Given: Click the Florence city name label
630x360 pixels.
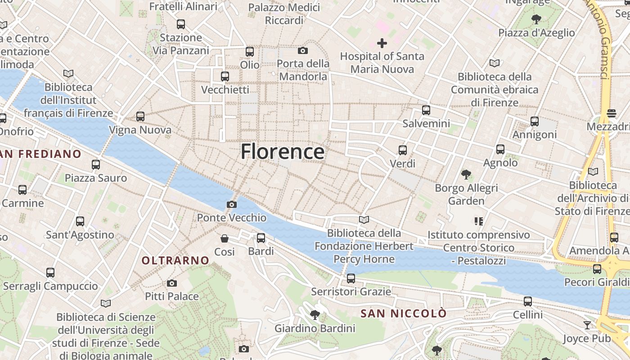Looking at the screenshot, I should (x=282, y=152).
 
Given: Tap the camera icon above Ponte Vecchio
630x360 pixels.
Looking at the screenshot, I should (x=232, y=205).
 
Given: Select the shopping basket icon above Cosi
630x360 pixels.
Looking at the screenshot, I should (x=224, y=238).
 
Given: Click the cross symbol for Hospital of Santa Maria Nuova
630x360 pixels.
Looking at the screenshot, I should (x=382, y=43).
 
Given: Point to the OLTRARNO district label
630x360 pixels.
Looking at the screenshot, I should (x=175, y=261).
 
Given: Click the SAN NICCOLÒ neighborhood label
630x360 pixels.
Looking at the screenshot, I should (x=404, y=313).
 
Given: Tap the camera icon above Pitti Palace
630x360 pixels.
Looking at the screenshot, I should (x=171, y=283).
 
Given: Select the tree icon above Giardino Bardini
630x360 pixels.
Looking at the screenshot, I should (x=315, y=315).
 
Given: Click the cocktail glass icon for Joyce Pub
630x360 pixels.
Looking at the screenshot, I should (x=587, y=325).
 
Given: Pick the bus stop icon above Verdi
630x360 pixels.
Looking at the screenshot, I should (x=402, y=150).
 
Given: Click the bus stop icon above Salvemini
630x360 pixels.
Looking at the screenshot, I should (x=426, y=110).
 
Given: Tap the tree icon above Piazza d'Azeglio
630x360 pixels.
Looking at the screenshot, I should (x=536, y=19).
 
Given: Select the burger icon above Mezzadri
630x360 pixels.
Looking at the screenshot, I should (x=611, y=113).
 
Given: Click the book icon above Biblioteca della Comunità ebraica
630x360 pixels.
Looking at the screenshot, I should (x=494, y=63).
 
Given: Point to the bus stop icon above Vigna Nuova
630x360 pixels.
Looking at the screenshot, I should (x=140, y=117).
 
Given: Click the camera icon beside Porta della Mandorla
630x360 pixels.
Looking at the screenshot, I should (x=303, y=50).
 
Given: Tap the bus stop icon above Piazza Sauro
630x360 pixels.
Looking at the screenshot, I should (x=96, y=164).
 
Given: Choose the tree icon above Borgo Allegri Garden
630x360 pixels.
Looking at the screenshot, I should (x=466, y=174).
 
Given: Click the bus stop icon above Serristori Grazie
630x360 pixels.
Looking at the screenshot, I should (x=351, y=278).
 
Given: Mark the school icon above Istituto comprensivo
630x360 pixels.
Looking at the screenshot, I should (x=478, y=221).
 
